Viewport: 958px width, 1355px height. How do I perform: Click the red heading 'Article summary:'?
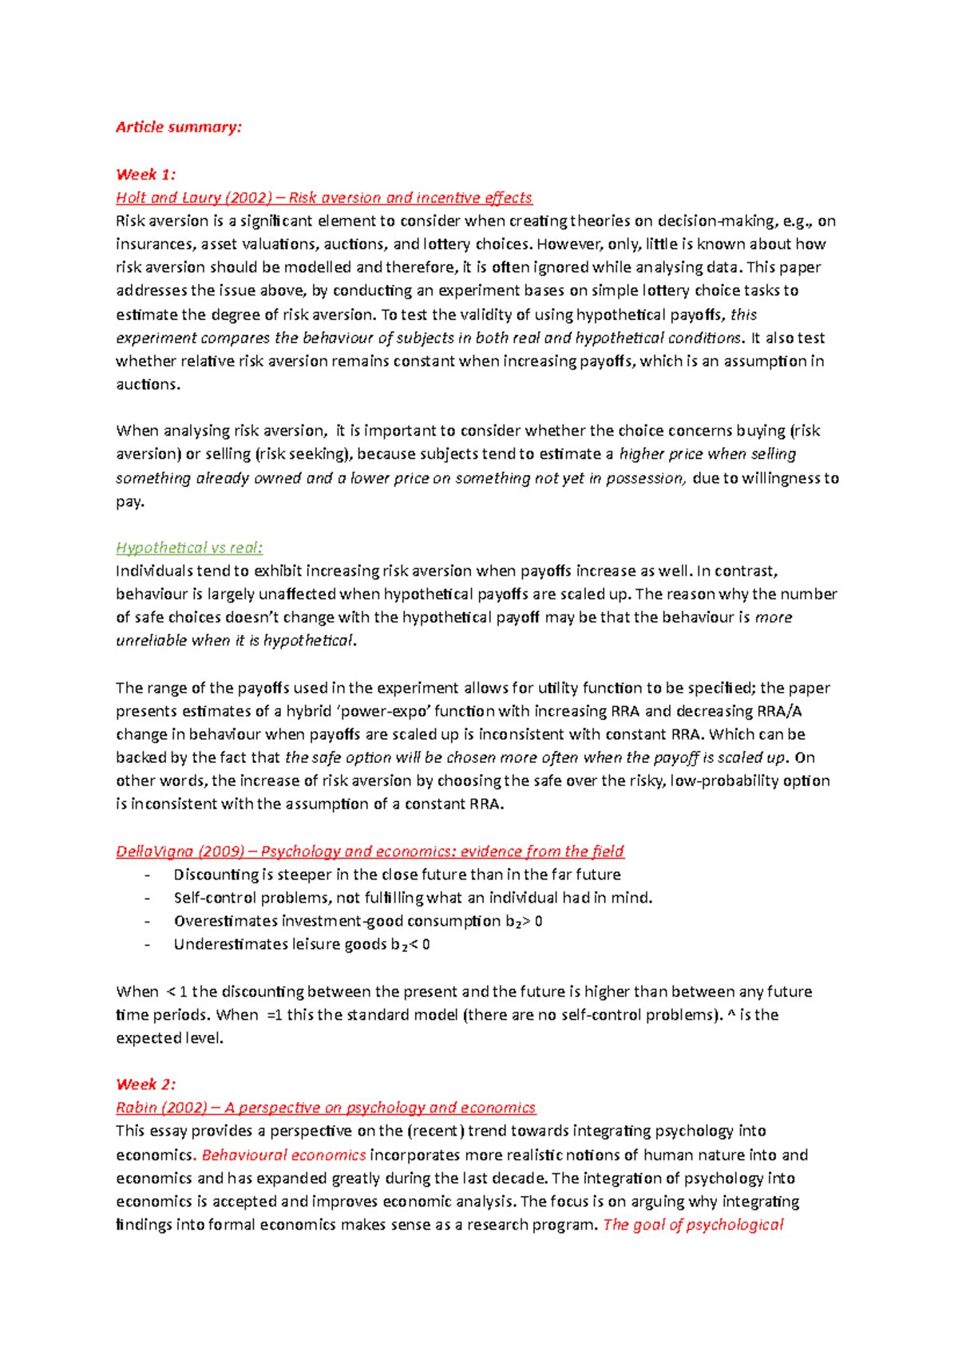coord(178,127)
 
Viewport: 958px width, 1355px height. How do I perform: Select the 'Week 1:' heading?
coord(145,174)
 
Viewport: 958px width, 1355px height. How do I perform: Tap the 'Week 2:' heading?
coord(145,1084)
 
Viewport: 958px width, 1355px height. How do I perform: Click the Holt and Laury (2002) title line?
coord(323,197)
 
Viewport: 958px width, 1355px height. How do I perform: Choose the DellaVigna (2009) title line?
coord(370,851)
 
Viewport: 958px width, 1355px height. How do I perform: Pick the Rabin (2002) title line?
coord(326,1107)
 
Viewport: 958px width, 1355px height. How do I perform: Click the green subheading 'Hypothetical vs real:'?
coord(188,547)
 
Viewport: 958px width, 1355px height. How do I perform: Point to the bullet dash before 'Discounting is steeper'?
coord(147,875)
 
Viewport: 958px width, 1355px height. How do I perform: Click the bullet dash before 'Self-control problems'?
coord(147,898)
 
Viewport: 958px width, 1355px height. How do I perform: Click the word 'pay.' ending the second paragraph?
coord(129,501)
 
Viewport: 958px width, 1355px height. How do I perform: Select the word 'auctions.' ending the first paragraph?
coord(148,384)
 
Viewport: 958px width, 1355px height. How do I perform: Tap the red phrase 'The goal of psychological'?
coord(693,1224)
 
